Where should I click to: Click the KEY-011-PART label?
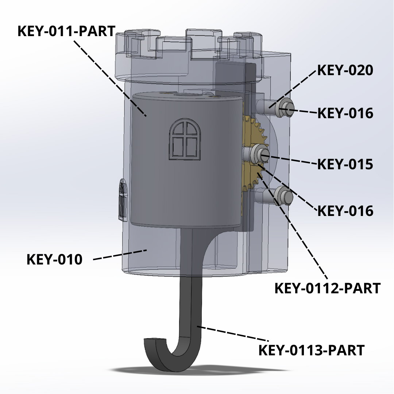[x=66, y=31]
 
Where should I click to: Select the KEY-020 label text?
[x=345, y=70]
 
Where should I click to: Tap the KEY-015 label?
[x=345, y=164]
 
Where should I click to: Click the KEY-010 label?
[x=55, y=260]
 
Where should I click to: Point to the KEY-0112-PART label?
[x=327, y=288]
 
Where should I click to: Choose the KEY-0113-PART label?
[x=311, y=350]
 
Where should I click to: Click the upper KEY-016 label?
[x=345, y=113]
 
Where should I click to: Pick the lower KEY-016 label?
[x=345, y=211]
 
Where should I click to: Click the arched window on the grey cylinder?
[x=186, y=140]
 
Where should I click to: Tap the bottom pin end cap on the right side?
[x=285, y=196]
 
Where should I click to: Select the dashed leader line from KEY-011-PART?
[x=109, y=77]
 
